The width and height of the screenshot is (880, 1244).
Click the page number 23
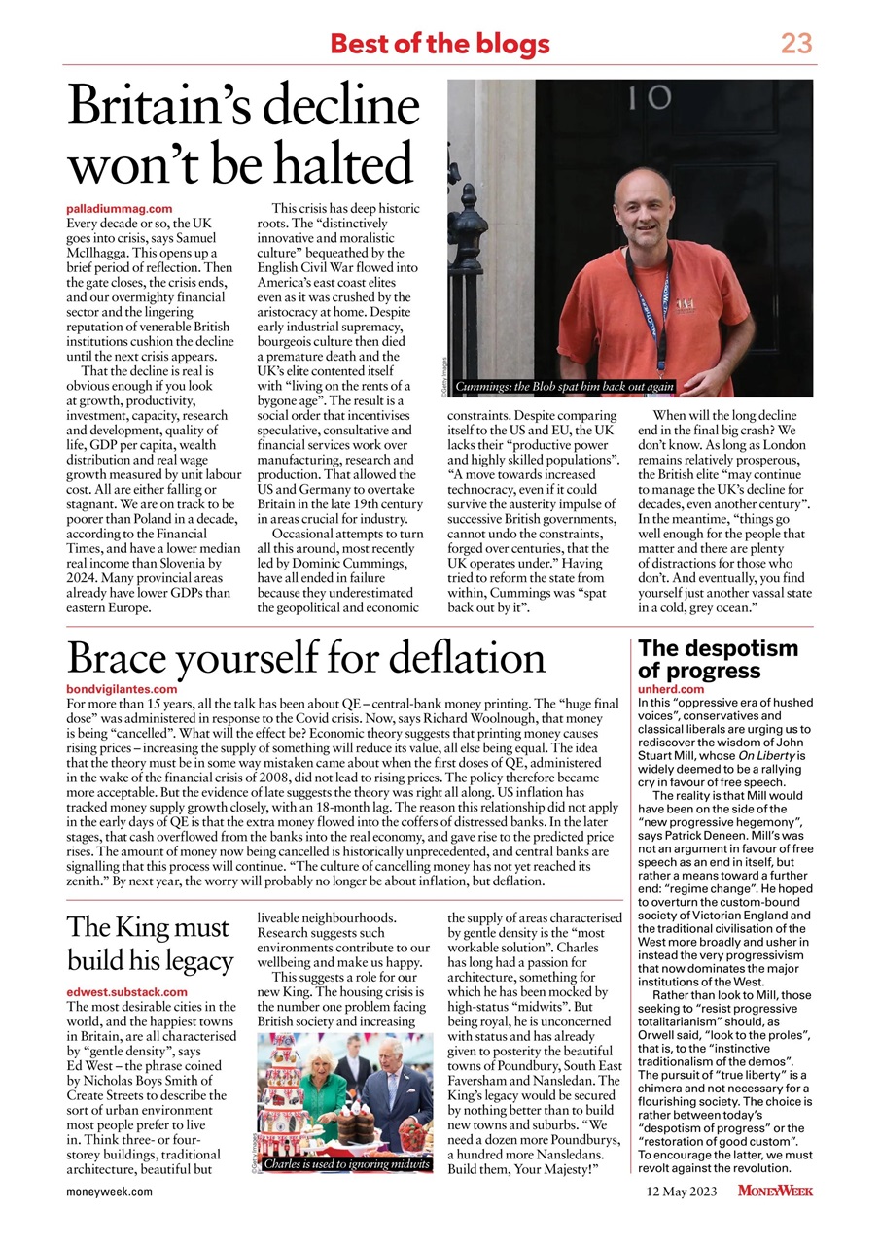click(x=795, y=44)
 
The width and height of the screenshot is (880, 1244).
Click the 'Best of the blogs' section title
click(x=440, y=44)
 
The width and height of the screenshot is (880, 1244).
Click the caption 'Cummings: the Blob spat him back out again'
click(x=564, y=386)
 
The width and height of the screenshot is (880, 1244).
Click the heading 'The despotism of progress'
click(x=718, y=659)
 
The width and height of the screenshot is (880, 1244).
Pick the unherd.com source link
click(x=671, y=689)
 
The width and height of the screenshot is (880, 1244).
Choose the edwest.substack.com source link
click(x=126, y=992)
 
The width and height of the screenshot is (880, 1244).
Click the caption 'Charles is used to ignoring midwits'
click(x=346, y=1163)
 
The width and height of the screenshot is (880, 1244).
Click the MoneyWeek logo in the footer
click(x=775, y=1192)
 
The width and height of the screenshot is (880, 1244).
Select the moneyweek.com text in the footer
click(x=109, y=1192)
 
